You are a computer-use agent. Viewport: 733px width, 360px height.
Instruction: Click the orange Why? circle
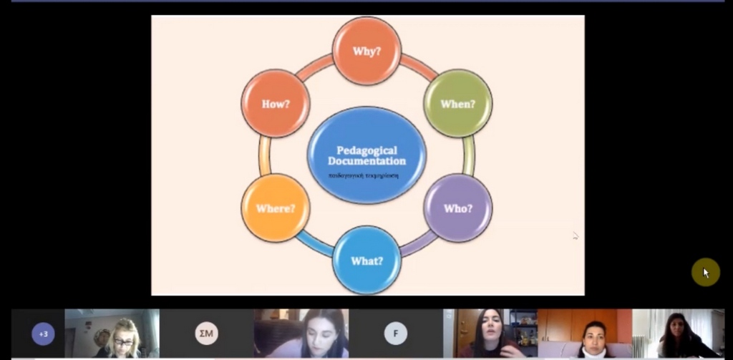pos(366,52)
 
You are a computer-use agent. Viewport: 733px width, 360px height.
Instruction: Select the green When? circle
pos(458,104)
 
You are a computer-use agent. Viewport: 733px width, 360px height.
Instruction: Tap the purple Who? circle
pos(458,208)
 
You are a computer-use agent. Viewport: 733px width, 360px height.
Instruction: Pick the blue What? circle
pos(366,261)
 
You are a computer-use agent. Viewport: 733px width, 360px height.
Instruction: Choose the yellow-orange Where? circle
pos(276,208)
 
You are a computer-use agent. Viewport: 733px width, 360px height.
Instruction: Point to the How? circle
pos(276,104)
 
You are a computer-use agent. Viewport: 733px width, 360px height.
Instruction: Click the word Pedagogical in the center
pos(366,150)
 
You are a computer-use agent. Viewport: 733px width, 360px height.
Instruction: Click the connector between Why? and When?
pos(419,67)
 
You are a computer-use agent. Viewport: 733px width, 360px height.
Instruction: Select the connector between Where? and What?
pos(314,243)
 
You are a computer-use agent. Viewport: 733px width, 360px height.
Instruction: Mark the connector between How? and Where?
pos(265,155)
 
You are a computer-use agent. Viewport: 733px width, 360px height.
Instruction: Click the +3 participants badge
pos(43,334)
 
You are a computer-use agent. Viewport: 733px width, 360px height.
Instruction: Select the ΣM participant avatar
pos(206,334)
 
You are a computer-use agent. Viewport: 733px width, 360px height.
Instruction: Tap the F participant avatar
pos(395,334)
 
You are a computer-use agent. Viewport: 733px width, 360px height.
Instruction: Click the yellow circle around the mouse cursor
pos(705,272)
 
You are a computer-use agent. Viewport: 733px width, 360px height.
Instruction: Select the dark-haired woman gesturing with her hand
pos(490,334)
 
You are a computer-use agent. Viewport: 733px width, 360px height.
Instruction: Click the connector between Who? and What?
pos(418,243)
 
